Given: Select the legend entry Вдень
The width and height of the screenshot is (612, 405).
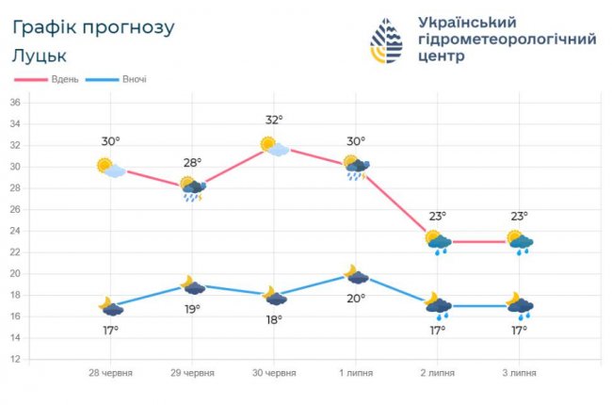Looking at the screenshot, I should (56, 79).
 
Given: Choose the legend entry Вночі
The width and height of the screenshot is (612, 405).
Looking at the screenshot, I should (133, 79).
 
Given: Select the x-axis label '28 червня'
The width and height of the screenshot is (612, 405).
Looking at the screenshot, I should (110, 373).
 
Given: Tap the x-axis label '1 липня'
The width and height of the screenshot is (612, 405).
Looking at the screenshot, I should (355, 373).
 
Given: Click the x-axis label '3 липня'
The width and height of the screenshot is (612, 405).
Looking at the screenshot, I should (518, 373).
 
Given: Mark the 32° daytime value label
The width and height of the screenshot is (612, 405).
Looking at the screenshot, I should (274, 120).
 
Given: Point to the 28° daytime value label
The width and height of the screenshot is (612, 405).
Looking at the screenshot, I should (192, 162).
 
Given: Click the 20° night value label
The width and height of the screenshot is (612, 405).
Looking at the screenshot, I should (355, 299).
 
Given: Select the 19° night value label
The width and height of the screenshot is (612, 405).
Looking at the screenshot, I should (192, 309).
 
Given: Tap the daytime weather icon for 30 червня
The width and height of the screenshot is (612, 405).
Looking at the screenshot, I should (274, 146).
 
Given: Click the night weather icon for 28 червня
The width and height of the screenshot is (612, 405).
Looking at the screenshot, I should (111, 306).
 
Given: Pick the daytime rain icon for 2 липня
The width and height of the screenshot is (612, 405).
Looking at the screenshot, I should (438, 243).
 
